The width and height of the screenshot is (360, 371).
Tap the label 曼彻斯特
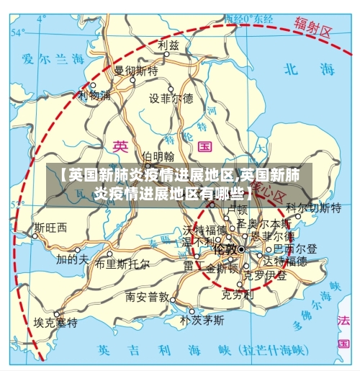point(136,71)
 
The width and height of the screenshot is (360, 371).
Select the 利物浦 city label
point(95,95)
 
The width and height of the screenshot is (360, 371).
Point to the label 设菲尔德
point(171,99)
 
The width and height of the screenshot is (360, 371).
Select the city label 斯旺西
point(50,228)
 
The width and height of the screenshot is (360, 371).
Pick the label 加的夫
point(73,258)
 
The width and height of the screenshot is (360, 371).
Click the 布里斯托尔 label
point(122,264)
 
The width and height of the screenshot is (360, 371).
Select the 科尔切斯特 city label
point(313,208)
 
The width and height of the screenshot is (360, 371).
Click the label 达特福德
point(286,261)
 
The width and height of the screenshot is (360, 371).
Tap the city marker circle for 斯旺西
point(34,236)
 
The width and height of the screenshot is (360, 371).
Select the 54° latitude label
point(18,32)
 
